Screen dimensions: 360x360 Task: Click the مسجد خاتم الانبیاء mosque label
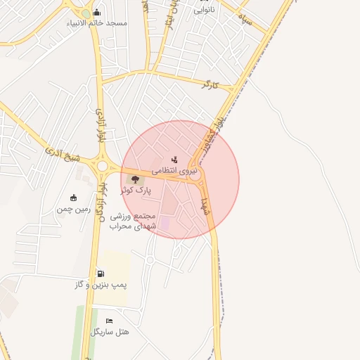(97, 23)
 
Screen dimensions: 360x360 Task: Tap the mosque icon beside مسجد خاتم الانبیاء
(96, 12)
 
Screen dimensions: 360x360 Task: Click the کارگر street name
(210, 84)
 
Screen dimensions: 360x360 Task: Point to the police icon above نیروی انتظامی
(174, 160)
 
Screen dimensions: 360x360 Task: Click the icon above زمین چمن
(74, 198)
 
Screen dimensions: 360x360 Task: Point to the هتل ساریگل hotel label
(110, 331)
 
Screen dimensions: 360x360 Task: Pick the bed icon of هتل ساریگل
(109, 321)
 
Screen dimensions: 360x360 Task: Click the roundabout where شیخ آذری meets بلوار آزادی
(104, 166)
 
